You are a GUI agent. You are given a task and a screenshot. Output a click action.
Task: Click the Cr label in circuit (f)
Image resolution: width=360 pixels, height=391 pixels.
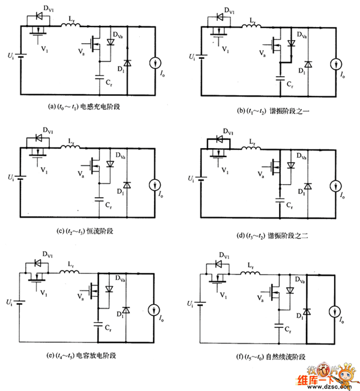[x=289, y=330]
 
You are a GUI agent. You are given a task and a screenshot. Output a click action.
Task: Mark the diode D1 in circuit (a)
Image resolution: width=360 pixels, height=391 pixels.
[x=125, y=62]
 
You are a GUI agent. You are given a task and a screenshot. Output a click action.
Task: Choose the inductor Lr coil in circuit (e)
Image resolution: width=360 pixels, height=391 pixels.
[x=71, y=273]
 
